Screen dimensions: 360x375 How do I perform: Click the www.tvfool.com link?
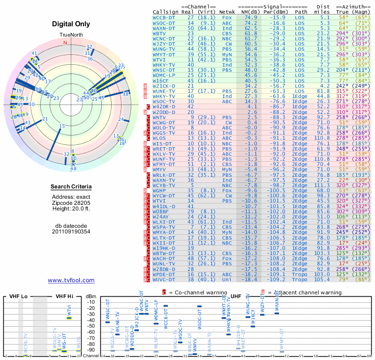tap(71, 280)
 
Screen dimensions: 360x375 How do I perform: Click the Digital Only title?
tap(71, 24)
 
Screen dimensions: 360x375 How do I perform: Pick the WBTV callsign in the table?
tap(160, 34)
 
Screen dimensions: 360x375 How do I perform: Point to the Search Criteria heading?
tap(71, 187)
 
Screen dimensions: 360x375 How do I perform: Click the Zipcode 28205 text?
tap(71, 202)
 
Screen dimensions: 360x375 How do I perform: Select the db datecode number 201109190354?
tap(71, 231)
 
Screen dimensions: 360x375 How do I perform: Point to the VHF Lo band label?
tap(16, 296)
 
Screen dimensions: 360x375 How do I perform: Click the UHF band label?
tap(237, 296)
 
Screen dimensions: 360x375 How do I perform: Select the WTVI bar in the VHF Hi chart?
tap(69, 318)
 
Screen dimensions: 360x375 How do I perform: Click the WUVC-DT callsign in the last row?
tap(164, 279)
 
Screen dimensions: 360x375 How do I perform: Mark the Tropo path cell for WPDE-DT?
tap(301, 274)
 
